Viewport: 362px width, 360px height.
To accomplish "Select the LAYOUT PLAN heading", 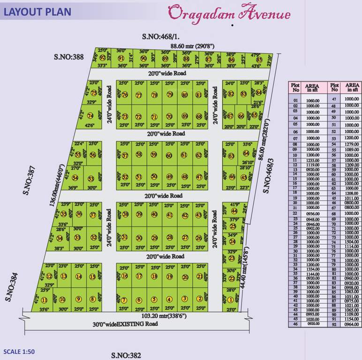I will click(38, 12).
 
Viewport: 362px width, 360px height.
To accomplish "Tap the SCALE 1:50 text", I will click(19, 351).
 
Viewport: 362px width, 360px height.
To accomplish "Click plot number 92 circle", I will click(102, 57).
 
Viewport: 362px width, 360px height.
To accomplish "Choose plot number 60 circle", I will click(169, 156).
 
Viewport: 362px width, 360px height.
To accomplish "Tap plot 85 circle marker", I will click(259, 60).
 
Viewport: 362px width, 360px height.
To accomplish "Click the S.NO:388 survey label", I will click(68, 57).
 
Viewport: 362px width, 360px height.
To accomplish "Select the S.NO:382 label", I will click(126, 355).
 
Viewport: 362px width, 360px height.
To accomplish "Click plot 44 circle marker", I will click(234, 211).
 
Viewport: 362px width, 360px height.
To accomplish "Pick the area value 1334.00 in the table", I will click(311, 269).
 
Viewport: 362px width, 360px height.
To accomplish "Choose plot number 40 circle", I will click(154, 214).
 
